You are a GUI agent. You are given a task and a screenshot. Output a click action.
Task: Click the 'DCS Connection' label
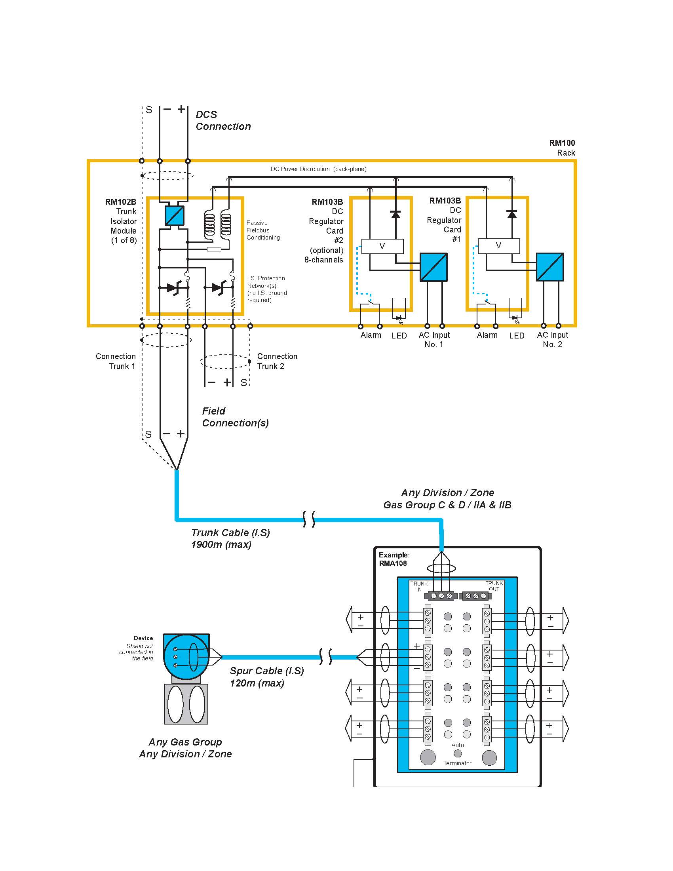[x=223, y=120]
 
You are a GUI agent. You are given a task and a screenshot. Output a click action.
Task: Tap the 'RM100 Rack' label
[x=562, y=148]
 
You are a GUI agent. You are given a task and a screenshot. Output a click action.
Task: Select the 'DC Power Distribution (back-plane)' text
[x=318, y=169]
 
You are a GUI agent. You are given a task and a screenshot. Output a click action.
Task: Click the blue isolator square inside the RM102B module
[x=174, y=216]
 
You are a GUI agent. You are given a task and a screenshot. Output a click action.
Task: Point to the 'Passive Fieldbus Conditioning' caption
[x=263, y=230]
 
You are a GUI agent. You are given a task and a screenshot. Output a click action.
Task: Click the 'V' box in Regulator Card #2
[x=382, y=246]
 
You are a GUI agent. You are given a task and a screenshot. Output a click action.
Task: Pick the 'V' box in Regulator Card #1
[x=498, y=246]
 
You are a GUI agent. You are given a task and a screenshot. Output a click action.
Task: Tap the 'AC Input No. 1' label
[x=434, y=340]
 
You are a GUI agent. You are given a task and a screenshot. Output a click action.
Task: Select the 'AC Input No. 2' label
[x=552, y=340]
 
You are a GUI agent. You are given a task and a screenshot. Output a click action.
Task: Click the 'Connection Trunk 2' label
[x=277, y=361]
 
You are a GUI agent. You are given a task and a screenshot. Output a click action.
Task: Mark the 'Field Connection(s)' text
[x=235, y=417]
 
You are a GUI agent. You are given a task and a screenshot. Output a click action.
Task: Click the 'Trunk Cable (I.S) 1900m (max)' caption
[x=230, y=538]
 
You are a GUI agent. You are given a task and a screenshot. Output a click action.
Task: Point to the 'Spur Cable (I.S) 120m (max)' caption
[x=266, y=677]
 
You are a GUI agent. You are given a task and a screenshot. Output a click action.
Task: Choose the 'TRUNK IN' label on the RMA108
[x=418, y=586]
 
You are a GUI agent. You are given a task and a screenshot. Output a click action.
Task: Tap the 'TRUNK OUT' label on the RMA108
[x=494, y=586]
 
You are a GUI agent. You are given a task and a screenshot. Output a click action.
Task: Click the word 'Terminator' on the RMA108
[x=457, y=763]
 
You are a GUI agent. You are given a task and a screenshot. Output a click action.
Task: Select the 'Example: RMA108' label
[x=394, y=559]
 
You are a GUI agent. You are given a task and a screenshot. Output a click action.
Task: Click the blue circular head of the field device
[x=186, y=657]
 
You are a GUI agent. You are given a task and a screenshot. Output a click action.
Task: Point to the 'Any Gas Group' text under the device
[x=185, y=742]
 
